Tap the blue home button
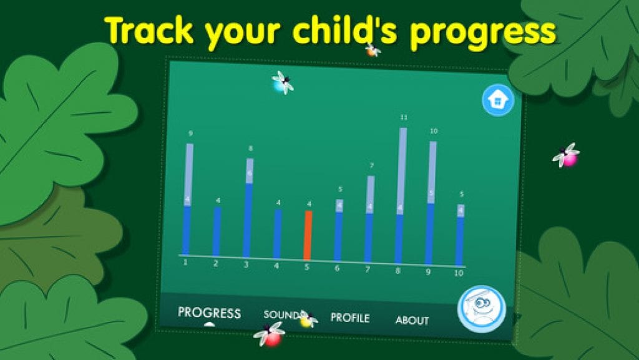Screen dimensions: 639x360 (x=497, y=100)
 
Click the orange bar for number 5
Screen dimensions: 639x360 (x=308, y=235)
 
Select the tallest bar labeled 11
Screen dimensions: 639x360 (x=401, y=195)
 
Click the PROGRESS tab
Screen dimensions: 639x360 (x=209, y=313)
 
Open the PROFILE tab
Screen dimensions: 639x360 (x=349, y=318)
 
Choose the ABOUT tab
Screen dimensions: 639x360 (x=412, y=321)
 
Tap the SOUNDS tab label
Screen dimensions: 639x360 (x=282, y=315)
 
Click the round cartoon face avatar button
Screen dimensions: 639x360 (x=482, y=309)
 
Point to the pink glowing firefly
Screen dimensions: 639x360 (x=567, y=155)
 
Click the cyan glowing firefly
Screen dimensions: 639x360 (x=282, y=83)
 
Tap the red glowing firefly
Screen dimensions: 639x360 (x=270, y=334)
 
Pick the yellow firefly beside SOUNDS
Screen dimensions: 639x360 (x=308, y=319)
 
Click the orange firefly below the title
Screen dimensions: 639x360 (x=372, y=51)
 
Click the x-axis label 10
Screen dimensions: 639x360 (x=459, y=273)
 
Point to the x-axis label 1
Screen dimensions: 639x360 (x=185, y=263)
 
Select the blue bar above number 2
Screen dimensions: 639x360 (x=217, y=231)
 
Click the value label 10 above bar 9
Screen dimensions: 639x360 (x=434, y=131)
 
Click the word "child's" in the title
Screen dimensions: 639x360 (x=344, y=31)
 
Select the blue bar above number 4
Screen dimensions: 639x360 (x=278, y=234)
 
